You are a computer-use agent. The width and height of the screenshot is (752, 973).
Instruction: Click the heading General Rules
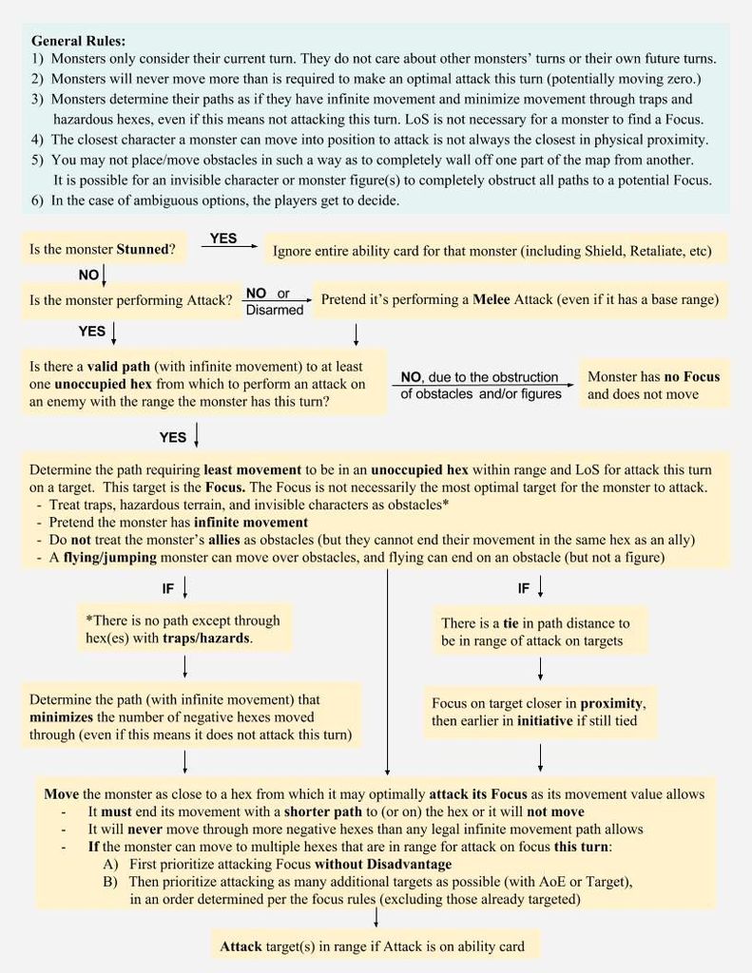(78, 41)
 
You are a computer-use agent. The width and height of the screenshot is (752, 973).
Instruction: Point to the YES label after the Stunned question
(223, 238)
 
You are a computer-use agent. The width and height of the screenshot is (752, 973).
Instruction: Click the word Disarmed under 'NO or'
(275, 310)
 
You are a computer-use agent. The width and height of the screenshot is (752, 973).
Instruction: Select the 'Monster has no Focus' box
(654, 385)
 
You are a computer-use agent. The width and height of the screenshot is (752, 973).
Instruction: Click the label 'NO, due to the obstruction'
(479, 377)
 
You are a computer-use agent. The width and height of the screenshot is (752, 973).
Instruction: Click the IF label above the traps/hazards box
(168, 589)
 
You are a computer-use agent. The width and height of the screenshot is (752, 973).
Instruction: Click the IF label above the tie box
(524, 589)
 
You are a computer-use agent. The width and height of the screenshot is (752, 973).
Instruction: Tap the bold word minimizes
(67, 716)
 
